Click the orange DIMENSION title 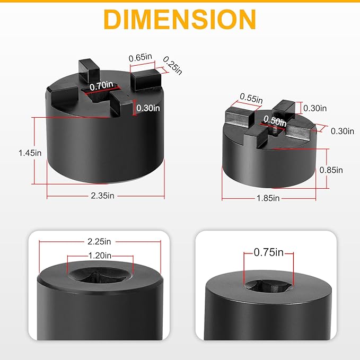coord(180,19)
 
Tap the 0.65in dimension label coord(141,57)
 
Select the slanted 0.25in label coord(172,66)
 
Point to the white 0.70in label coord(101,86)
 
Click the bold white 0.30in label coord(148,108)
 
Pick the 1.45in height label coord(30,153)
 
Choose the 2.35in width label coord(102,196)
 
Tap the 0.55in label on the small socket coord(251,98)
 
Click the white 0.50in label coord(275,121)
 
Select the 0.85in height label coord(331,170)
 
